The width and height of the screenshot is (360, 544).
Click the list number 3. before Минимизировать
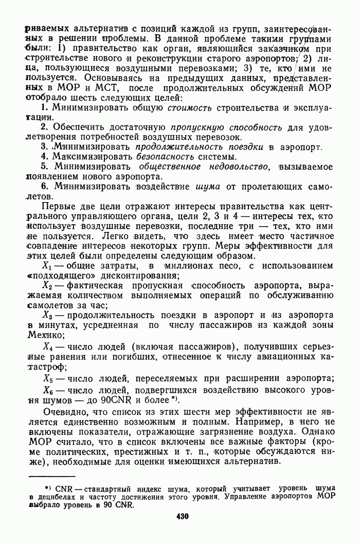click(x=44, y=147)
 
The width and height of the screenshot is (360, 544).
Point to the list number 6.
click(x=44, y=186)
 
